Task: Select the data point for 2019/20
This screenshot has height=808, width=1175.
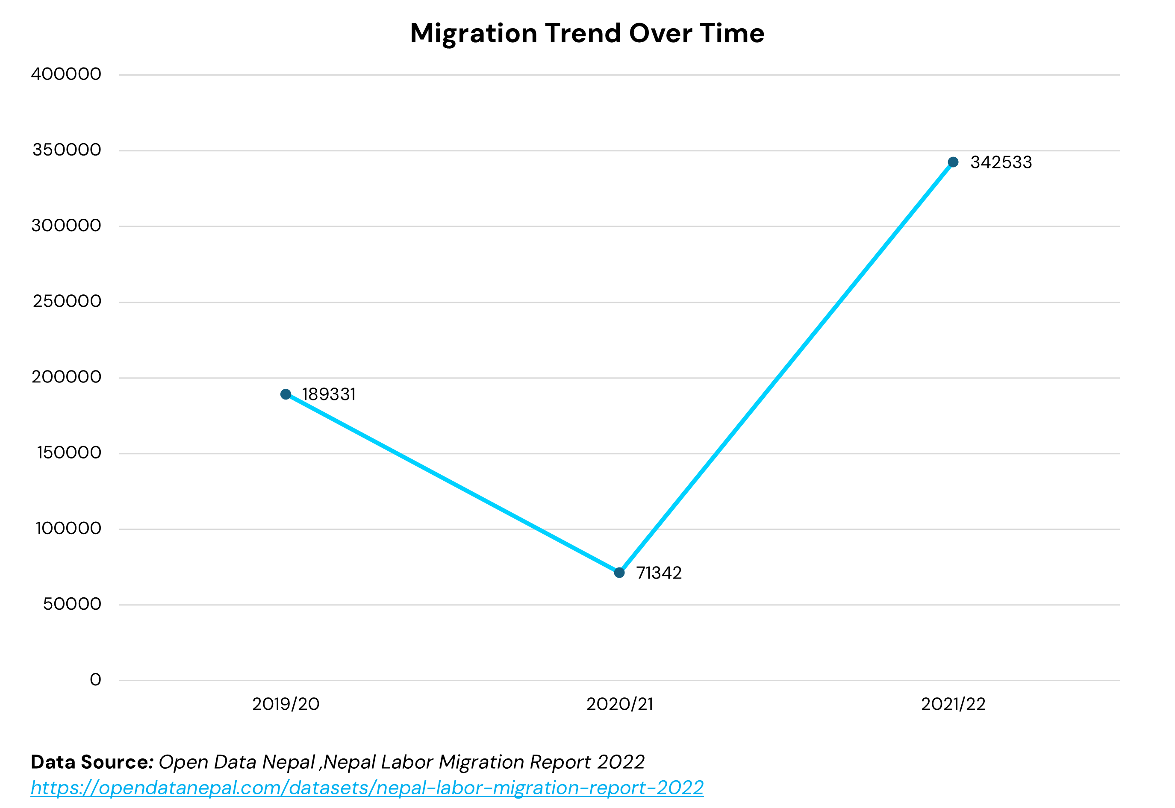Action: pyautogui.click(x=286, y=394)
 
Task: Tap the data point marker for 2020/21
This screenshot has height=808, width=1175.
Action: pyautogui.click(x=619, y=573)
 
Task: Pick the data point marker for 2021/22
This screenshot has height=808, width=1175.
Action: pyautogui.click(x=953, y=162)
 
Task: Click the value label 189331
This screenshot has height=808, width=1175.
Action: pyautogui.click(x=329, y=394)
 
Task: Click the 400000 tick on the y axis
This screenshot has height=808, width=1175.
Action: pyautogui.click(x=66, y=74)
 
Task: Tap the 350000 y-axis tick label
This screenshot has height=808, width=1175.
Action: pyautogui.click(x=66, y=150)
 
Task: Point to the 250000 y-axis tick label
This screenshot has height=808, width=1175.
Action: pyautogui.click(x=67, y=301)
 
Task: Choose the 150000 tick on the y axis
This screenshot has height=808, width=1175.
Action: pyautogui.click(x=69, y=452)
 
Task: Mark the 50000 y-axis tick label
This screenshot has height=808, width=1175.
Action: pyautogui.click(x=72, y=604)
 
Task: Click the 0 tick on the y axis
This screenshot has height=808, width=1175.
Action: pyautogui.click(x=95, y=679)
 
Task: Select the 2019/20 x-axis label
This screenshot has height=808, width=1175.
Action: pyautogui.click(x=286, y=704)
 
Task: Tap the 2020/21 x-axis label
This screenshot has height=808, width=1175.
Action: pyautogui.click(x=619, y=704)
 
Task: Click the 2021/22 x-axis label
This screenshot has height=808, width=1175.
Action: pyautogui.click(x=953, y=704)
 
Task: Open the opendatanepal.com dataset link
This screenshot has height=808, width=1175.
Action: pyautogui.click(x=367, y=788)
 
